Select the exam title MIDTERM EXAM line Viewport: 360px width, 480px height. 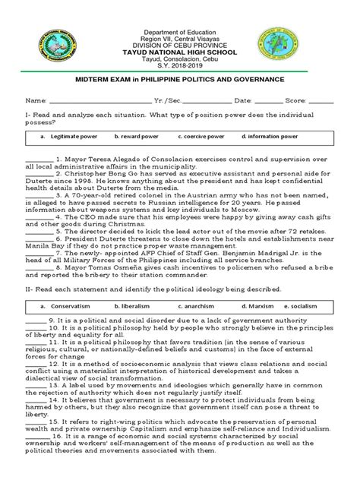179,79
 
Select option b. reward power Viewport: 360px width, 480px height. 137,137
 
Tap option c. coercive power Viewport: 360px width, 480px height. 201,137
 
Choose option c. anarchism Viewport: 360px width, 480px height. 196,306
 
